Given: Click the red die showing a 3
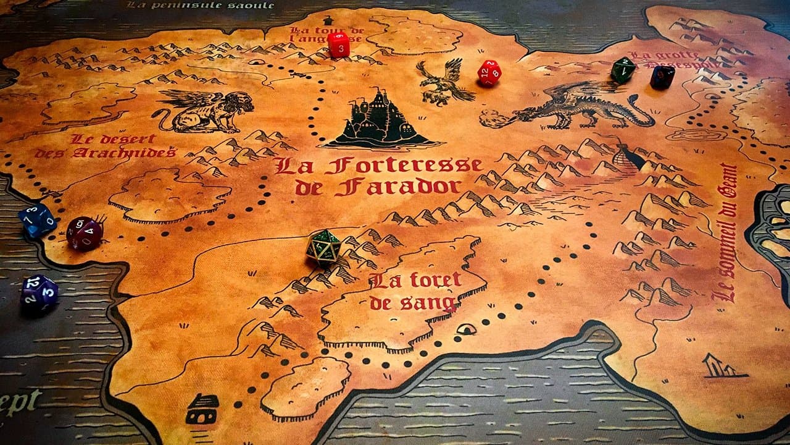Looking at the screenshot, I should pos(338,44).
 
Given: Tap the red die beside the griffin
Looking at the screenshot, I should pos(489,72).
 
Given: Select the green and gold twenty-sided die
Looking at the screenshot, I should pos(323,247).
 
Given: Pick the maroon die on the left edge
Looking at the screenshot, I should pos(84,233).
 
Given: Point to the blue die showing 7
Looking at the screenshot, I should pos(37,220).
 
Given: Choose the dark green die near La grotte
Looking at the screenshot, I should pos(623,70).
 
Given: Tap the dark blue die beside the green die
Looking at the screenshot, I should pos(662,77).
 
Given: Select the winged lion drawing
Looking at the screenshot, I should pos(204,110).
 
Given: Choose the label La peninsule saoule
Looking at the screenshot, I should pos(200,5).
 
